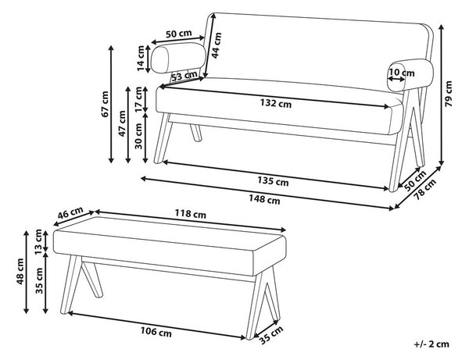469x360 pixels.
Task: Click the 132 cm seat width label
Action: click(x=275, y=103)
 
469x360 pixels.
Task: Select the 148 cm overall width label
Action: click(x=264, y=199)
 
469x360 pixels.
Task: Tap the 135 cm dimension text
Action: click(x=273, y=180)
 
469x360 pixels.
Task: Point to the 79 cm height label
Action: click(x=449, y=94)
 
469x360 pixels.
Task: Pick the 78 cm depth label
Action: click(x=425, y=189)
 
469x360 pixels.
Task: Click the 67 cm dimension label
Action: click(x=105, y=104)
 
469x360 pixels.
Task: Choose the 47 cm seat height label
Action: click(x=122, y=123)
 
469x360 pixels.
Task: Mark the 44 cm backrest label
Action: click(x=217, y=45)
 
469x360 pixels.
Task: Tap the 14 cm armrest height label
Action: click(x=141, y=59)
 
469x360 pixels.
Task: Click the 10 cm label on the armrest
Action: click(x=402, y=73)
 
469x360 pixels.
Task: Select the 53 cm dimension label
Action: click(x=184, y=76)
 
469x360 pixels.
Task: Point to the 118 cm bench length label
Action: click(x=190, y=214)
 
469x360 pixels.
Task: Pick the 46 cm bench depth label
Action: click(x=70, y=213)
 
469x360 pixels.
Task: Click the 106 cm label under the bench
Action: click(x=156, y=332)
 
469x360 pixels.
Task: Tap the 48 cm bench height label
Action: click(x=20, y=272)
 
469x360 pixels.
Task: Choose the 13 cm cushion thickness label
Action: click(x=38, y=242)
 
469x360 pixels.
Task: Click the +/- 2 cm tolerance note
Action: click(x=431, y=344)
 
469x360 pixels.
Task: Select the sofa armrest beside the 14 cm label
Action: click(x=178, y=58)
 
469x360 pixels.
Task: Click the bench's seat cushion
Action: click(x=170, y=246)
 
